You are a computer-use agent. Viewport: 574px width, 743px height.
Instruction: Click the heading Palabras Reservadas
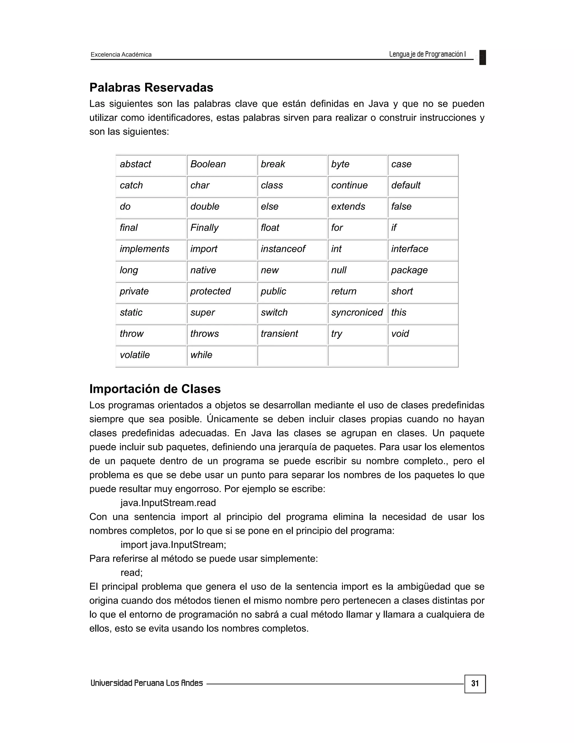151,87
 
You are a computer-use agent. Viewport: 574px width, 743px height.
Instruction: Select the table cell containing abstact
151,164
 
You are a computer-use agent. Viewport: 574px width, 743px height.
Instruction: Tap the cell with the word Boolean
221,164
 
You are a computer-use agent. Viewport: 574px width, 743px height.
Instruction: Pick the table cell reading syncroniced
357,313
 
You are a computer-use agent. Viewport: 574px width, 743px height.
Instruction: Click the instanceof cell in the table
292,249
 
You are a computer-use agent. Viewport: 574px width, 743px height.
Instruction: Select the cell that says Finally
221,228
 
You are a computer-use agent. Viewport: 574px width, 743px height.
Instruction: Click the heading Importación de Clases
155,389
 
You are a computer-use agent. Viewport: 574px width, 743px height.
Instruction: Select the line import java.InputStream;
173,545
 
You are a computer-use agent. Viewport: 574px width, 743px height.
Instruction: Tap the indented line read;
132,573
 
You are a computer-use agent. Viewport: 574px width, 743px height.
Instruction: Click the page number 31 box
475,684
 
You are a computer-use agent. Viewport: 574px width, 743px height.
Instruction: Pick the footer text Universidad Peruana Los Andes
147,683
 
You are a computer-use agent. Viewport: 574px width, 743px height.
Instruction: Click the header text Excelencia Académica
121,54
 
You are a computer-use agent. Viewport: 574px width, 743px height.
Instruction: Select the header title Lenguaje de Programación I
427,54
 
